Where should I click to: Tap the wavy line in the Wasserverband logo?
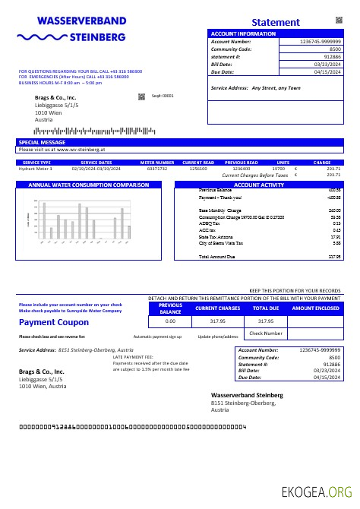pos(41,36)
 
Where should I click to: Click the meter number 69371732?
pos(157,169)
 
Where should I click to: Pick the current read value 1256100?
pos(198,169)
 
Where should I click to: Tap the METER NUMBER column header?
pos(157,163)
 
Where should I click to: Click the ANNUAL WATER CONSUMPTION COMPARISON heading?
pos(88,185)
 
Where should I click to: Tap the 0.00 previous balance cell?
pos(170,321)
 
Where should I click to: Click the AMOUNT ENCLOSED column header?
pos(315,308)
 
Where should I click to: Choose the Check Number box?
pos(266,333)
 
